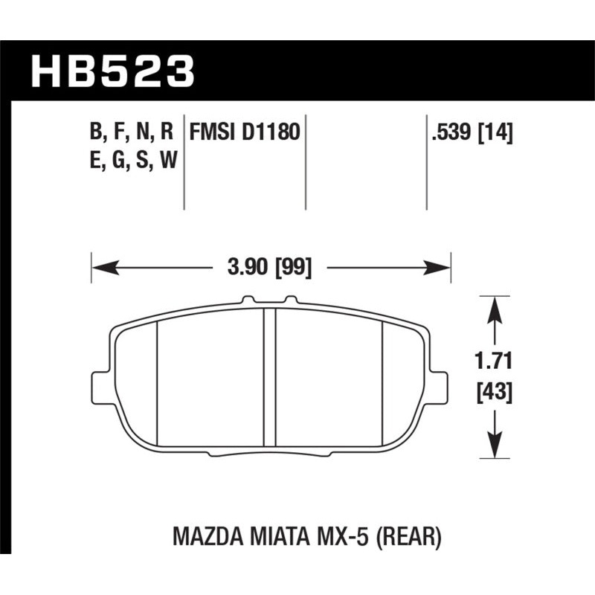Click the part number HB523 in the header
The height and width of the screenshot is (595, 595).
tap(112, 73)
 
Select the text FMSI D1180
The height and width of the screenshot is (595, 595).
tap(244, 133)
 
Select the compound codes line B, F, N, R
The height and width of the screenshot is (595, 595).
tap(132, 133)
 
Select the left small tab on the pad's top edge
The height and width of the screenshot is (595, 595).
tap(248, 300)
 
